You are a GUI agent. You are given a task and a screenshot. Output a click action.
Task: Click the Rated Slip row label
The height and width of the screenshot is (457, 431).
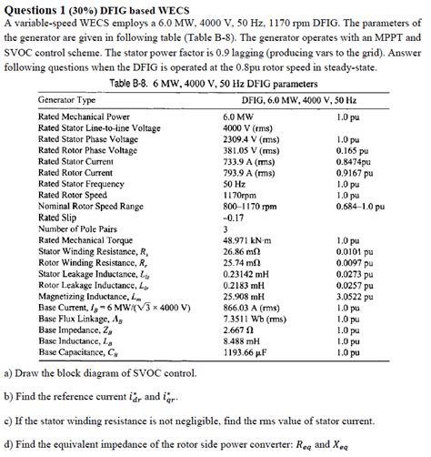61,217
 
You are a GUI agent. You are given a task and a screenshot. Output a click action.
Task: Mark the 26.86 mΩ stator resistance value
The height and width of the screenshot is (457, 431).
242,250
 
